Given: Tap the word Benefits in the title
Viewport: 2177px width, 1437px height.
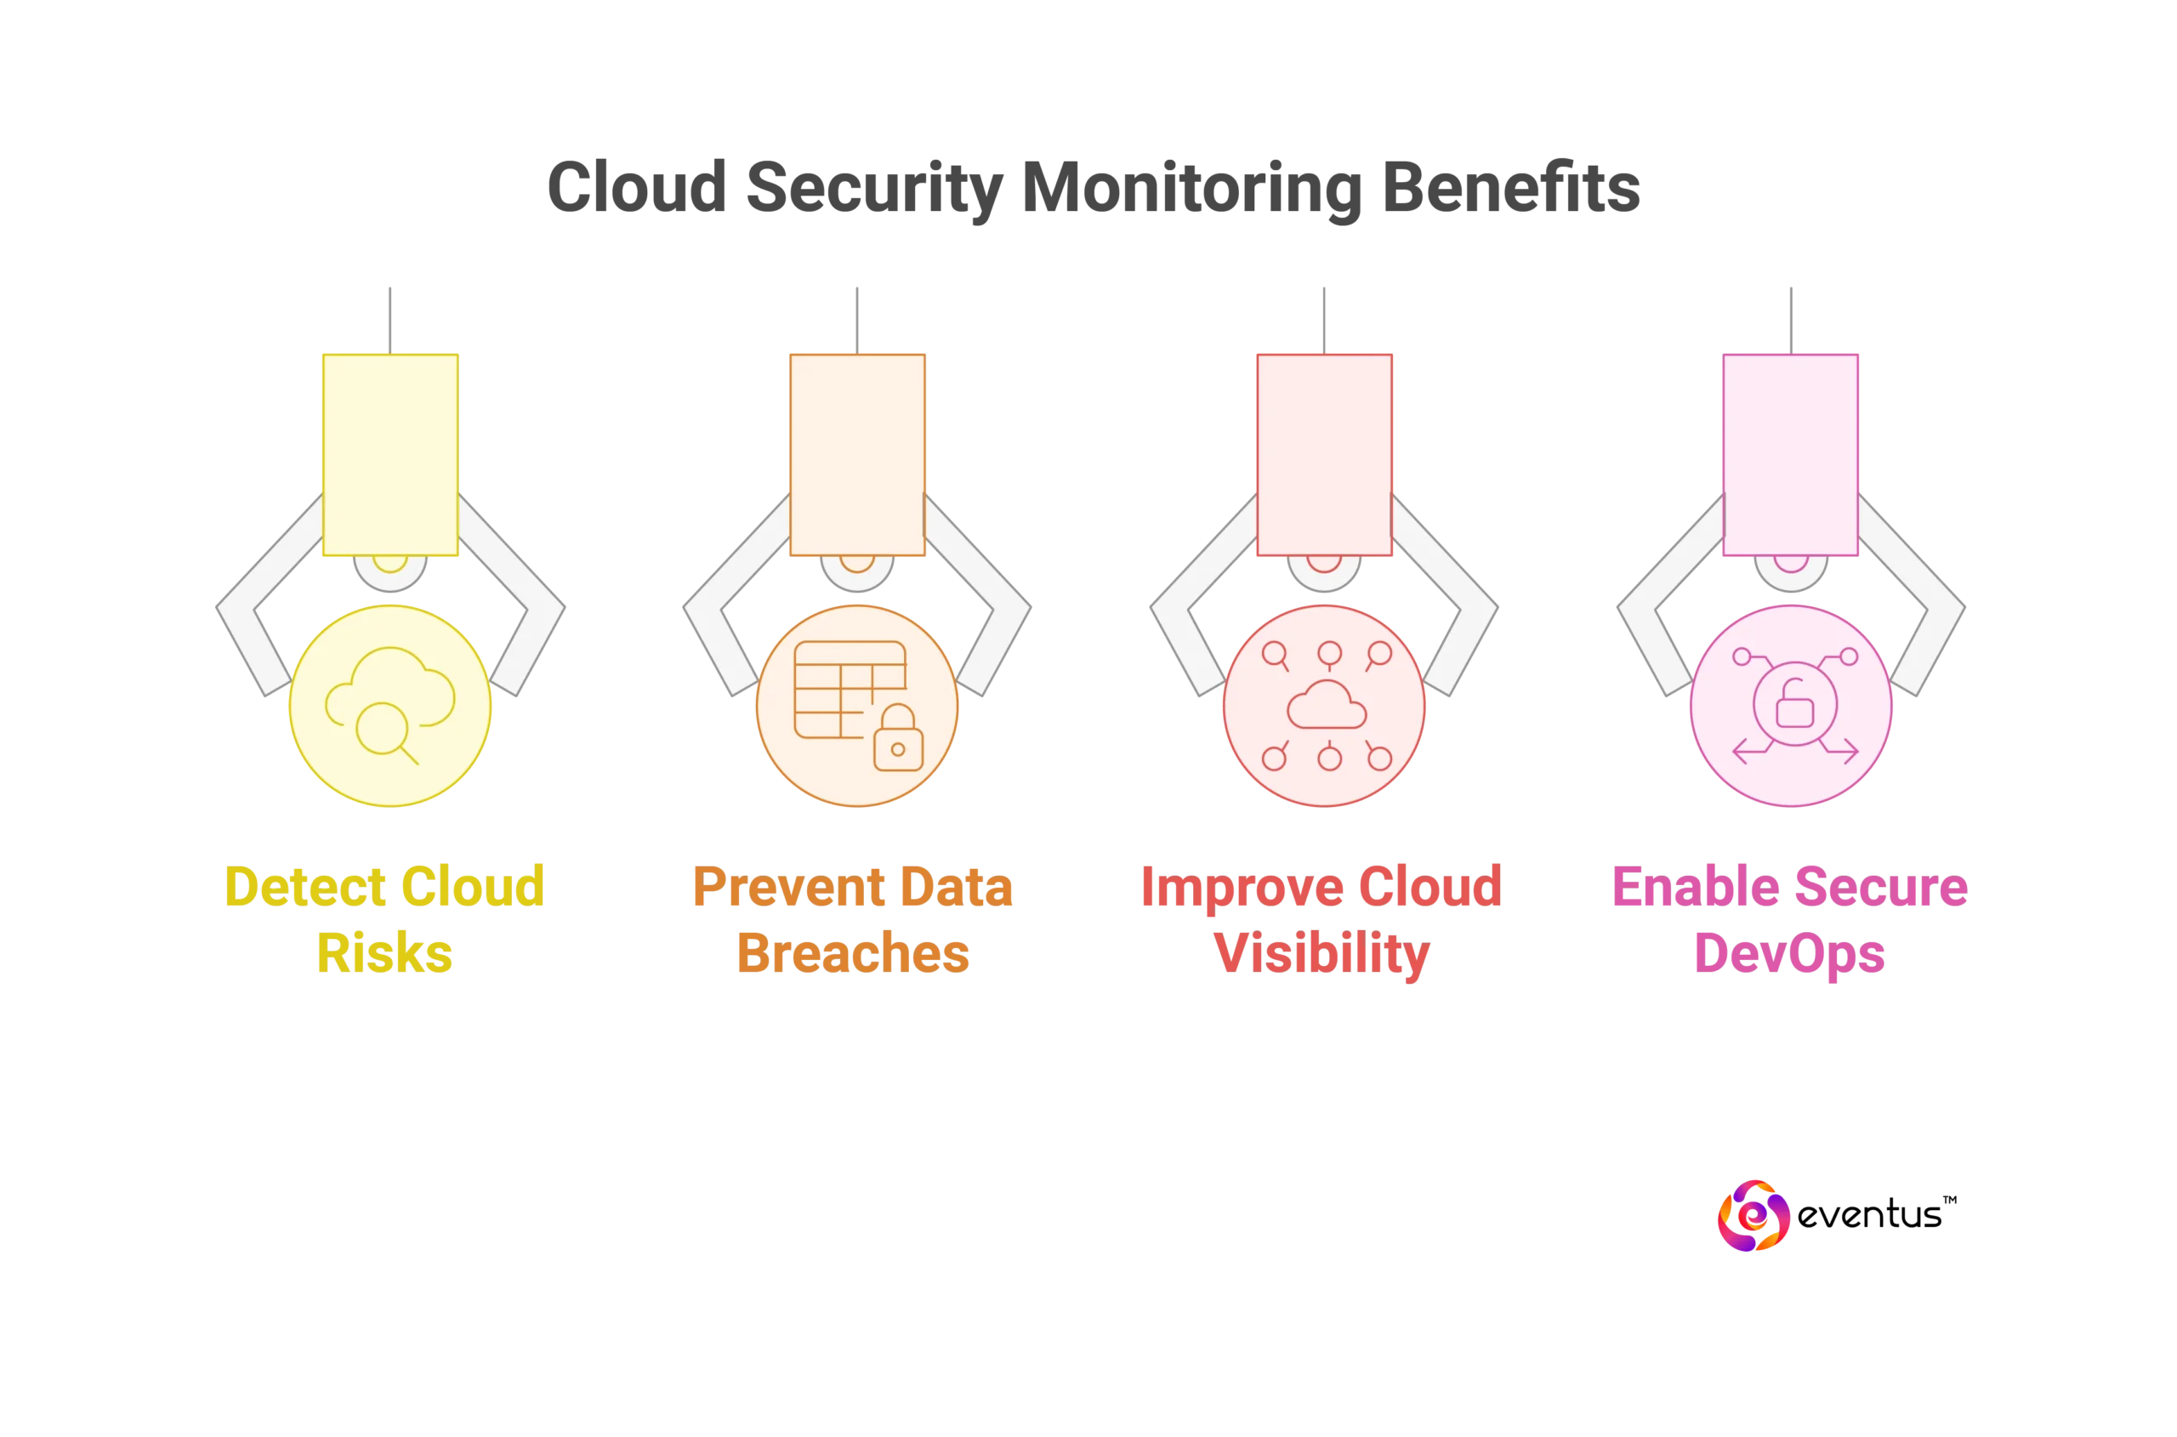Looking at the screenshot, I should (1510, 188).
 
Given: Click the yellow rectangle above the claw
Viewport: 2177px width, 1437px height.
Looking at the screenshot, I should (390, 454).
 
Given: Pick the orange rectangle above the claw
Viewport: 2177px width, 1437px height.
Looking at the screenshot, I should (857, 454).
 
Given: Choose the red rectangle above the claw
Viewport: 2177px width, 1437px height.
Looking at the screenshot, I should (1323, 454).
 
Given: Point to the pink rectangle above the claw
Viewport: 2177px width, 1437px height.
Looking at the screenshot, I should (1790, 454).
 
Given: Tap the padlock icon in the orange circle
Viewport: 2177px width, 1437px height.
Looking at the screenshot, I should (897, 741).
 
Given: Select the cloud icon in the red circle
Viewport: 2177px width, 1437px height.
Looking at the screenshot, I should (1326, 706).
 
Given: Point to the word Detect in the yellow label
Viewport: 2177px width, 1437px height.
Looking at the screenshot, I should (305, 887).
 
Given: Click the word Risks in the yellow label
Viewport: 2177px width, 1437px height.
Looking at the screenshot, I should (384, 953).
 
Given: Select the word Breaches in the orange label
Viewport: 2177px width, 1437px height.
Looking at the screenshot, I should (852, 953).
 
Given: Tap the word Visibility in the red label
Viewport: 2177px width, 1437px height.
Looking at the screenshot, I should (1322, 954).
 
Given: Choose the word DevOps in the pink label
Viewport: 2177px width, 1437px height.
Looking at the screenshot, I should (1788, 954).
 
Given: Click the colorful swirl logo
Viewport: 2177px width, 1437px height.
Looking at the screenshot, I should (1754, 1216).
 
